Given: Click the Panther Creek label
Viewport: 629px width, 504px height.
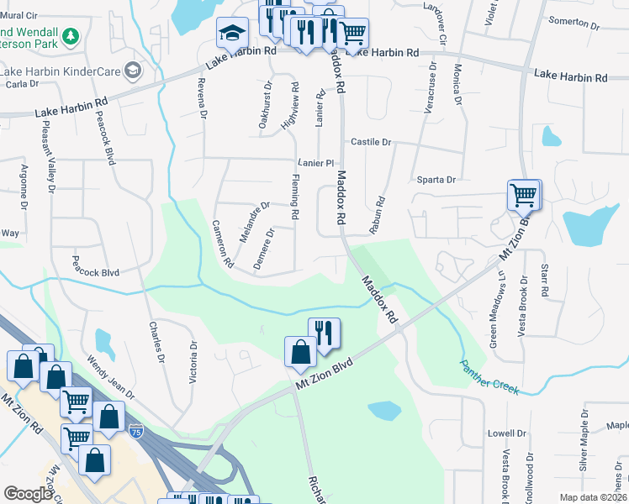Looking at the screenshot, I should (x=490, y=376).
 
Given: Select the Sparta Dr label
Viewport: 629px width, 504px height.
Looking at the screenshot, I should (x=436, y=180).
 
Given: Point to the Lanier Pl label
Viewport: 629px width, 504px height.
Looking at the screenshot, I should (x=315, y=163).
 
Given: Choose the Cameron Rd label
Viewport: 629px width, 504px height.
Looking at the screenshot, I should (x=222, y=244).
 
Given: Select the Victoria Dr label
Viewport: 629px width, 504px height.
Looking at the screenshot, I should (x=193, y=362).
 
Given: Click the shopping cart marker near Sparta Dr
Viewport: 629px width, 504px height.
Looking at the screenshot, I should (x=524, y=196).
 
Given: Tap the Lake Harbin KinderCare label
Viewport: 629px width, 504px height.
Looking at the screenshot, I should (x=60, y=71).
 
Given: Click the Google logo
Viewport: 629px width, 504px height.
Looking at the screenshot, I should (x=29, y=494).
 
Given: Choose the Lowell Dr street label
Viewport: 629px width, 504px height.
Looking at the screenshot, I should (x=506, y=433).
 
